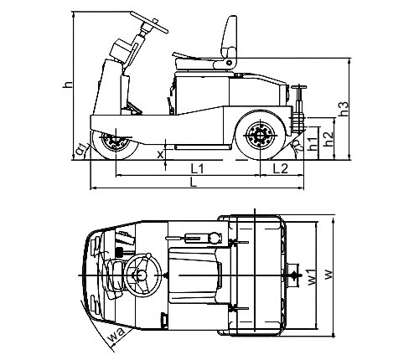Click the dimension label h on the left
click(x=67, y=85)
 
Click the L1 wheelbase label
click(x=197, y=168)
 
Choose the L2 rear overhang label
click(x=280, y=168)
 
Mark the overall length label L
click(x=194, y=183)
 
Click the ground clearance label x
click(x=160, y=154)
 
